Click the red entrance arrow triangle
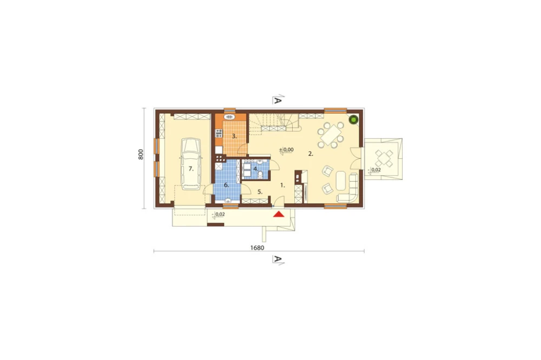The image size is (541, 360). (x=279, y=214)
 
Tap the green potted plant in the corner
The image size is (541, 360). (x=353, y=119)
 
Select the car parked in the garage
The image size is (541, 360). (x=191, y=164)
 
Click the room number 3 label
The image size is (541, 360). (x=234, y=136)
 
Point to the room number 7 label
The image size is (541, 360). (x=191, y=169)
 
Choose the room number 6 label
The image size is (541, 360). (x=226, y=185)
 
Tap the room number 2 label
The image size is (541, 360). (x=311, y=154)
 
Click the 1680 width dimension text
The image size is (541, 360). (x=257, y=248)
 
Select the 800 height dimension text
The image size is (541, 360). (x=141, y=154)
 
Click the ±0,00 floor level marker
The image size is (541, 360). (x=286, y=150)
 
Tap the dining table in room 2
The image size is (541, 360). (x=331, y=135)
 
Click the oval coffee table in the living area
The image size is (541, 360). (x=341, y=181)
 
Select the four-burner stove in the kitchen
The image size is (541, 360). (x=219, y=133)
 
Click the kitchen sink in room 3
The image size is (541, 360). (x=229, y=117)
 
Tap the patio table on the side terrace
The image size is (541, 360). (x=384, y=158)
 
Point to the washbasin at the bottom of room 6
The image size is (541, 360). (x=228, y=201)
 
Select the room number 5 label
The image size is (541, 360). (x=260, y=192)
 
